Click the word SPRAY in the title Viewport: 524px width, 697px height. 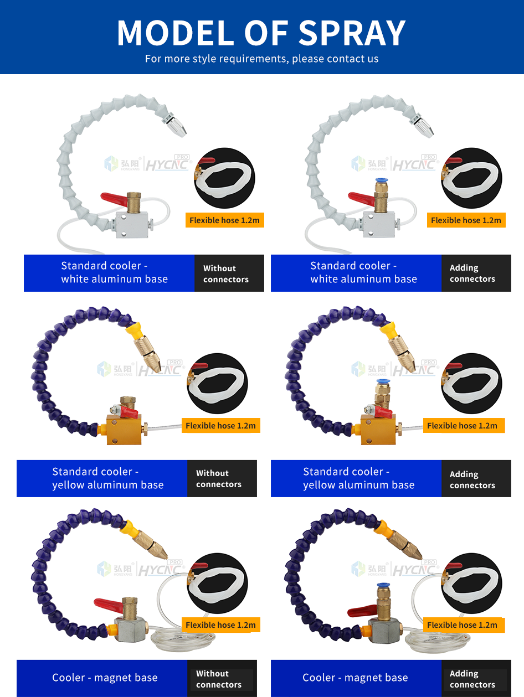(352, 33)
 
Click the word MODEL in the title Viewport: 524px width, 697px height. (177, 33)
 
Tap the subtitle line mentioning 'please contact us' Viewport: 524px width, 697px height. (261, 59)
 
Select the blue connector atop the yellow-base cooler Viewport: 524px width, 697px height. (381, 381)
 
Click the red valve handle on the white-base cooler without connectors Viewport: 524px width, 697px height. (114, 198)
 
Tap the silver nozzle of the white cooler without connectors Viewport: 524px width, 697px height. (174, 125)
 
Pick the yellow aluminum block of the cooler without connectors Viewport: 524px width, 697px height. (124, 429)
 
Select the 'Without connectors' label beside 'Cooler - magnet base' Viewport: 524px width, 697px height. (219, 679)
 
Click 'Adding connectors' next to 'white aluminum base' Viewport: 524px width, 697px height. (472, 273)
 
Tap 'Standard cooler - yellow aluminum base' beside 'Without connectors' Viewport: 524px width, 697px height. (107, 478)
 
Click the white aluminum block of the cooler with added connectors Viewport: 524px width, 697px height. (379, 225)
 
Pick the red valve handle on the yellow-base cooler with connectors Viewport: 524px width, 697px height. (383, 411)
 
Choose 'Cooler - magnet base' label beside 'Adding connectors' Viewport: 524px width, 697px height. (355, 678)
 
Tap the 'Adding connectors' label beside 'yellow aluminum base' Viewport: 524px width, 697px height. (472, 479)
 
